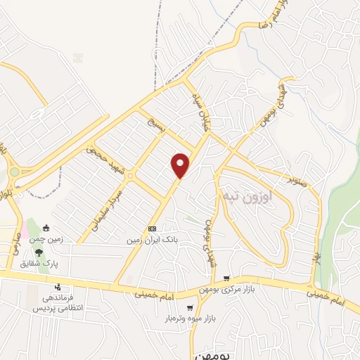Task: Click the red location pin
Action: pos(181,165)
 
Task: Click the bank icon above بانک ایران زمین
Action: pos(152,229)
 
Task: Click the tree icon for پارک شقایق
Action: pos(38,251)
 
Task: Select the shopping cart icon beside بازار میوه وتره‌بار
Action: pos(190,308)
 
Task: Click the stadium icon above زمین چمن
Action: pos(46,227)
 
